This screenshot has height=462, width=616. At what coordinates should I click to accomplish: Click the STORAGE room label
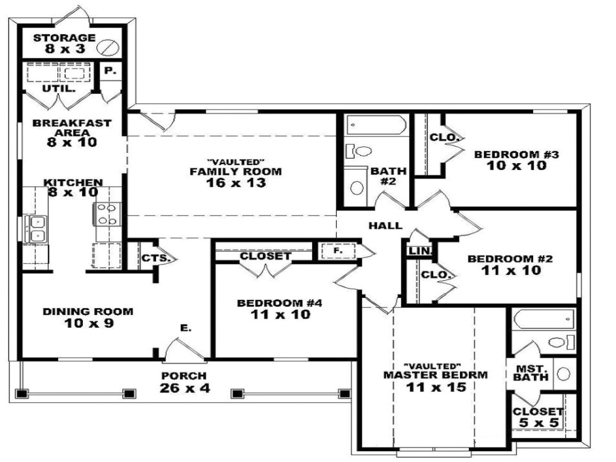pyautogui.click(x=64, y=38)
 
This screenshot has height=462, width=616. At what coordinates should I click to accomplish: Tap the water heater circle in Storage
pyautogui.click(x=107, y=47)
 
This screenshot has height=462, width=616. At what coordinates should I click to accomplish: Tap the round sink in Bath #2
pyautogui.click(x=357, y=187)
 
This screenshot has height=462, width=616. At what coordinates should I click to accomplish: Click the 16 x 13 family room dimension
pyautogui.click(x=235, y=182)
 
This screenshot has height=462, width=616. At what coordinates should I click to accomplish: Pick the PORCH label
pyautogui.click(x=184, y=376)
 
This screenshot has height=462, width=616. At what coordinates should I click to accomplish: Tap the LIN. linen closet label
pyautogui.click(x=417, y=251)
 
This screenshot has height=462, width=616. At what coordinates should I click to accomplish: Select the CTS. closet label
pyautogui.click(x=156, y=258)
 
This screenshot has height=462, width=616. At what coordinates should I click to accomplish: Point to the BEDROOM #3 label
pyautogui.click(x=517, y=155)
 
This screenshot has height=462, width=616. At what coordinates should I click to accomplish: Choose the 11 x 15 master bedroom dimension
pyautogui.click(x=435, y=387)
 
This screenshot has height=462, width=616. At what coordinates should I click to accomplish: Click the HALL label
pyautogui.click(x=385, y=226)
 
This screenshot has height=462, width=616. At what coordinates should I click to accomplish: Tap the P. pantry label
pyautogui.click(x=110, y=70)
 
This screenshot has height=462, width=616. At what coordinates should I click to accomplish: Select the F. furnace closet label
pyautogui.click(x=337, y=250)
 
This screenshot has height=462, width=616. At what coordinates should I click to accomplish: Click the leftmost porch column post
pyautogui.click(x=21, y=394)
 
